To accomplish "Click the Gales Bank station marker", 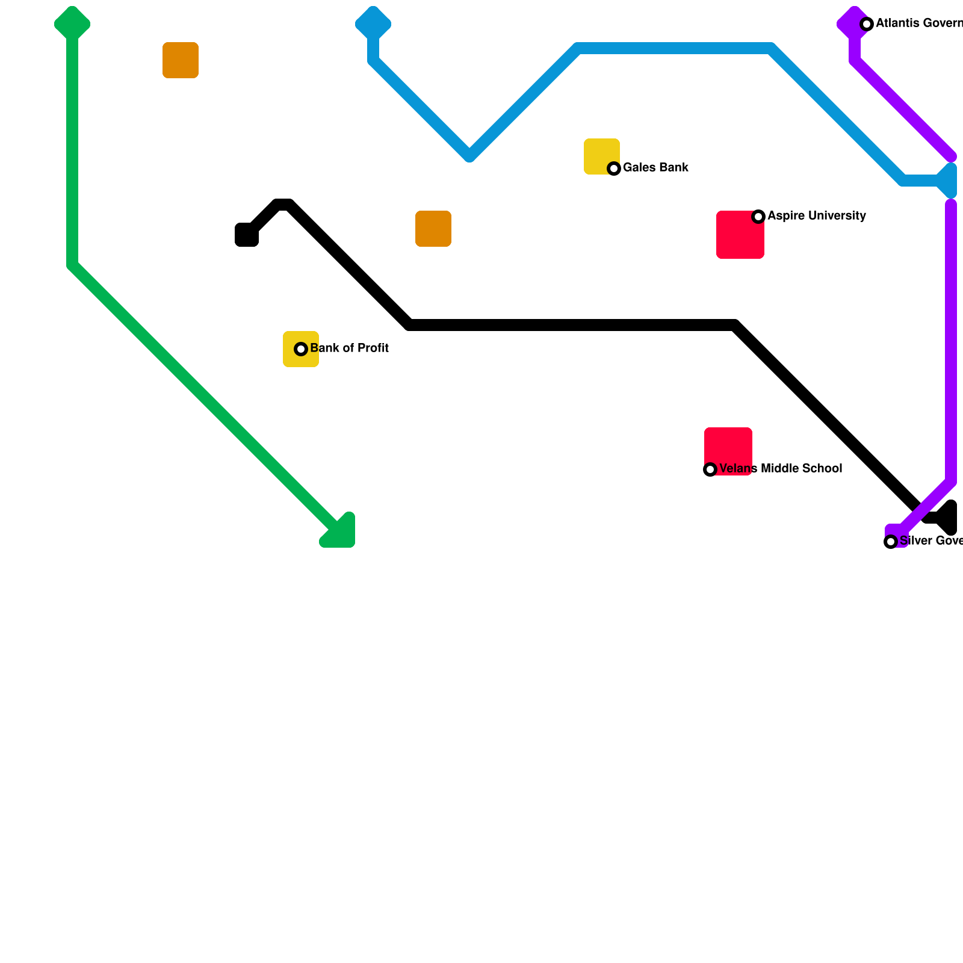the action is (614, 169).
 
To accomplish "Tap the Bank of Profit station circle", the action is (301, 349).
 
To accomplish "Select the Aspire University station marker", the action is (758, 217).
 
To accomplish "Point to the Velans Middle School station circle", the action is (710, 469).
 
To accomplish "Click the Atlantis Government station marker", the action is (867, 24).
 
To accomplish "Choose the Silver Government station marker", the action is (891, 542).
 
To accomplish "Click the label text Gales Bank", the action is (655, 167).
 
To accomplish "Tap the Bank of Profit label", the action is (349, 348).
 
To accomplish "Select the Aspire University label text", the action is (816, 215).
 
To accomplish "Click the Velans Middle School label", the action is (781, 468).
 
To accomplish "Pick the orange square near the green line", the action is (181, 60).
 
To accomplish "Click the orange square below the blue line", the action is (433, 229).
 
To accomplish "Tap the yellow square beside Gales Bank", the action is (601, 156).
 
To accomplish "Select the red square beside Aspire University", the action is (740, 235).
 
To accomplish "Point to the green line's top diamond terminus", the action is (72, 24).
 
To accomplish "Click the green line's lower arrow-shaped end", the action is (340, 533).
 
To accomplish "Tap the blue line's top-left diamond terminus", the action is (373, 24).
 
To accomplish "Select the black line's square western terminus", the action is (246, 235).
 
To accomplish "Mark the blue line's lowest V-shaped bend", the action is (469, 155).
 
